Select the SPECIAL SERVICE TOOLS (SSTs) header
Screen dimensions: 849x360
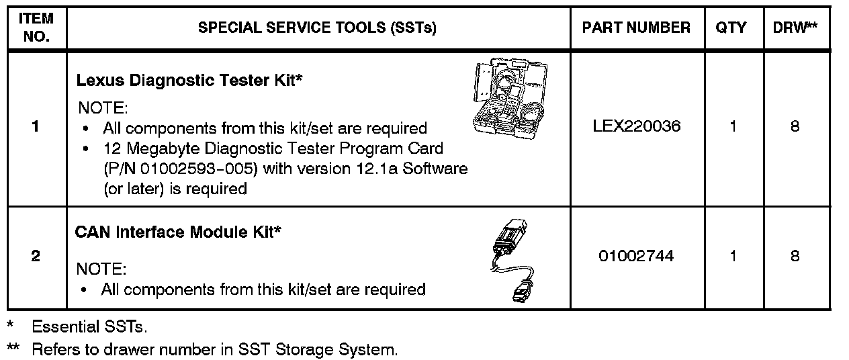pyautogui.click(x=318, y=28)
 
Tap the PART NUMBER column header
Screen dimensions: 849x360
pyautogui.click(x=636, y=28)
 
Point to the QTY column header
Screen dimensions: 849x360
pyautogui.click(x=731, y=28)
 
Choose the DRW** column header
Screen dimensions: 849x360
pyautogui.click(x=796, y=28)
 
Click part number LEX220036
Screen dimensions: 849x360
pyautogui.click(x=636, y=126)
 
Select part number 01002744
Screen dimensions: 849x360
pyautogui.click(x=636, y=256)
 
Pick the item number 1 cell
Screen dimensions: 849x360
pyautogui.click(x=35, y=126)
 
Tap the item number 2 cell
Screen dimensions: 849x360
pyautogui.click(x=35, y=256)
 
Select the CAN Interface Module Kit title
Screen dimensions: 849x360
pyautogui.click(x=178, y=232)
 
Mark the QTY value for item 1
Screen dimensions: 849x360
pyautogui.click(x=733, y=126)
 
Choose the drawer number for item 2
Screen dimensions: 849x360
pyautogui.click(x=795, y=256)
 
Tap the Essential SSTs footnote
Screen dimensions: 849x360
pyautogui.click(x=89, y=327)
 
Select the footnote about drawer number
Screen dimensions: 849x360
pyautogui.click(x=214, y=350)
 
